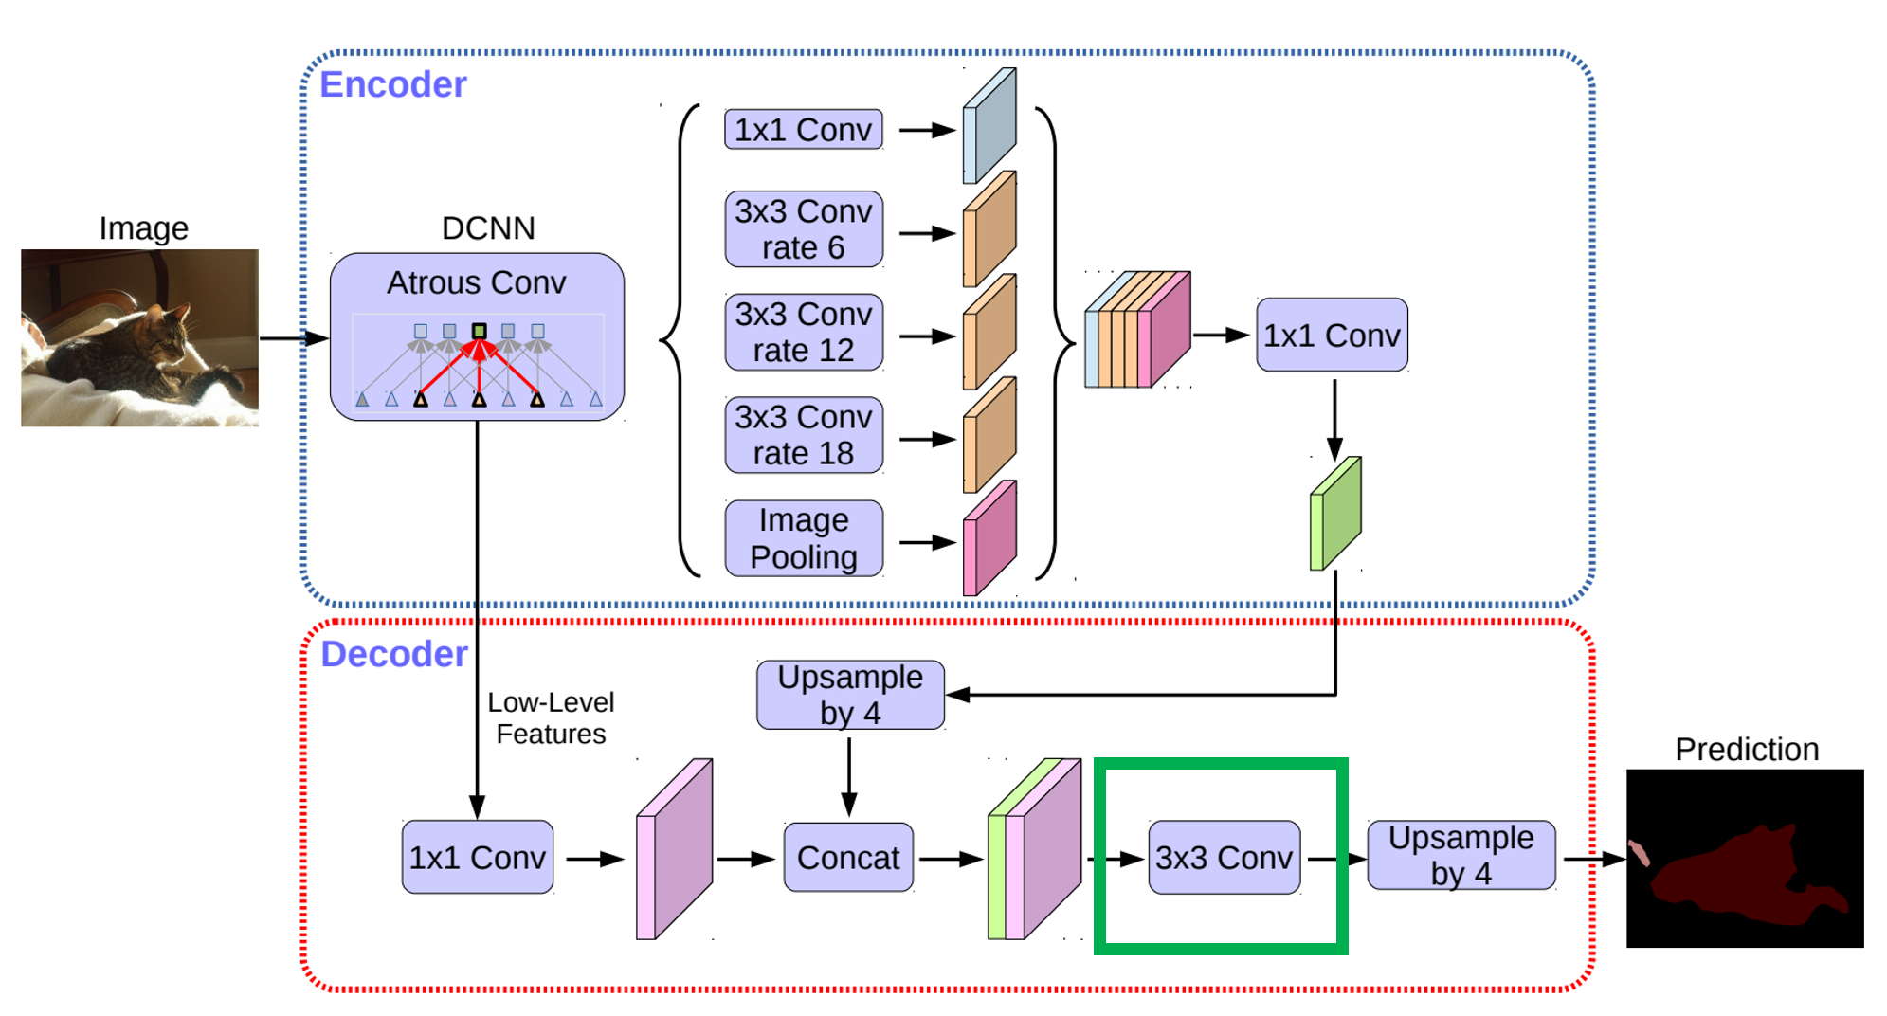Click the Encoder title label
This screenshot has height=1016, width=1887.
[x=392, y=84]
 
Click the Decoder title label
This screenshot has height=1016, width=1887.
[x=394, y=654]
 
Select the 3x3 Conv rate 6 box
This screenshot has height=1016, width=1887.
[x=804, y=229]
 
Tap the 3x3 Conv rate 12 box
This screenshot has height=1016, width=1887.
[x=804, y=332]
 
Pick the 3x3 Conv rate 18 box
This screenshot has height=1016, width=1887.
[x=804, y=435]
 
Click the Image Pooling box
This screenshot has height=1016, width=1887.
[x=804, y=538]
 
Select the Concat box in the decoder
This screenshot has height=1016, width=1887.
[x=848, y=858]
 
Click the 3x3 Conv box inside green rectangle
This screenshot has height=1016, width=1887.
[x=1224, y=858]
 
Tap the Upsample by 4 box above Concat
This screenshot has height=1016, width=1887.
[x=850, y=695]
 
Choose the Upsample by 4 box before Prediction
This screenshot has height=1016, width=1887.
[x=1461, y=855]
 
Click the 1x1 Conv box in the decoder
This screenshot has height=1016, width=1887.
[x=477, y=858]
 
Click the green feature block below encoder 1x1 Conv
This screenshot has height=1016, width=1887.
[x=1335, y=514]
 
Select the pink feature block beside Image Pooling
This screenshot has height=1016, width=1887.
[x=989, y=538]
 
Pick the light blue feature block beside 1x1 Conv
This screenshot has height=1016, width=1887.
[x=989, y=125]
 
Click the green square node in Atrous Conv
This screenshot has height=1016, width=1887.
[x=479, y=331]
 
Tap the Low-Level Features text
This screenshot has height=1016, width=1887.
[x=551, y=718]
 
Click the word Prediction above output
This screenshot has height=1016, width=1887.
[x=1747, y=750]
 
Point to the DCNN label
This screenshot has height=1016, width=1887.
[x=488, y=228]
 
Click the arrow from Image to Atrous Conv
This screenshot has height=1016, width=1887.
[x=294, y=338]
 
